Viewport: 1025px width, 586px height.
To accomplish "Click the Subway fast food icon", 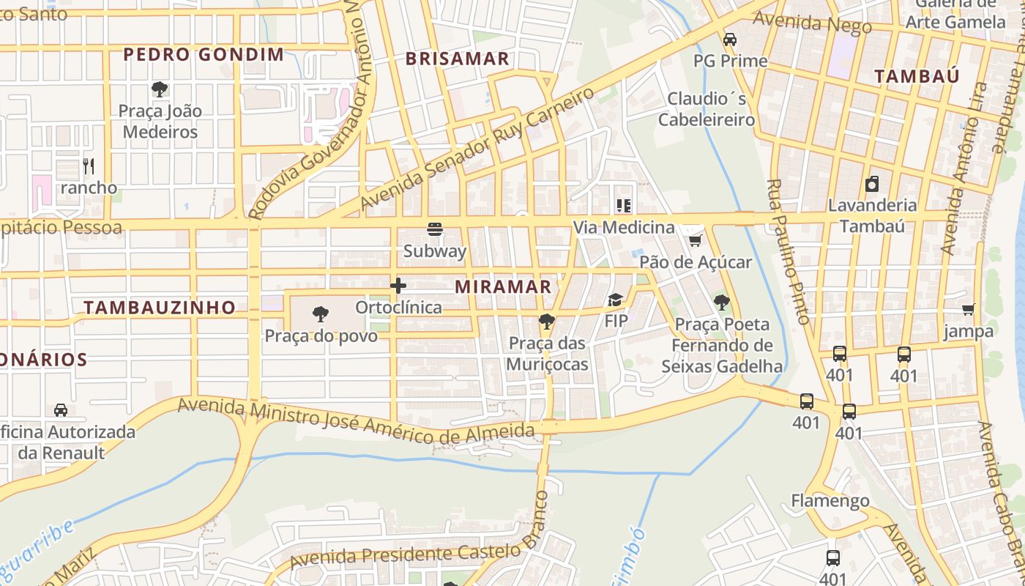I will [435, 229].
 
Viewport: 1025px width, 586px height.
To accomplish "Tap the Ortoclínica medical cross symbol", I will [398, 286].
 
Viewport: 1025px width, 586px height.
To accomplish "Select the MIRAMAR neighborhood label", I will [503, 287].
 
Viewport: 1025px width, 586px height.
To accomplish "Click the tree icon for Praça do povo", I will [320, 315].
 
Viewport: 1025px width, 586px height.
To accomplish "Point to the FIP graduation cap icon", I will [615, 300].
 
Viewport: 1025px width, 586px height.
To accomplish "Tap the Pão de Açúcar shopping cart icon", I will [695, 240].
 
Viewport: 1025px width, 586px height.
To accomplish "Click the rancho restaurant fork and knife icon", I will [89, 166].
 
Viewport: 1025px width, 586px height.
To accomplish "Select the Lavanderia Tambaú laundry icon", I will [871, 184].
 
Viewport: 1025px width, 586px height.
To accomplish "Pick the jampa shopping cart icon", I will [968, 310].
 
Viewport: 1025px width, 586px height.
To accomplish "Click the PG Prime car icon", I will [729, 40].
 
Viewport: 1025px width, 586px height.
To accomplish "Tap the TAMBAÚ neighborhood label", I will [917, 76].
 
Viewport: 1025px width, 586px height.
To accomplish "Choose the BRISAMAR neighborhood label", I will [457, 59].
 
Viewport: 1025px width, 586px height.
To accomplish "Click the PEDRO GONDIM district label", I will [204, 54].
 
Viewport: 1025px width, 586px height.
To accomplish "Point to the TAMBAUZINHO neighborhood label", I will [160, 308].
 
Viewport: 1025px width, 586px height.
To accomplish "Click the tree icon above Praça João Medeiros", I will [159, 90].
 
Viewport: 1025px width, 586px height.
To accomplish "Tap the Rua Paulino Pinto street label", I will [788, 251].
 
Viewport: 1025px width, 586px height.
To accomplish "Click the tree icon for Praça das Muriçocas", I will [546, 322].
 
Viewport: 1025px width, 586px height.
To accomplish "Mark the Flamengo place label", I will [830, 501].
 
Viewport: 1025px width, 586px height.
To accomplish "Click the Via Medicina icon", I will [623, 206].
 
